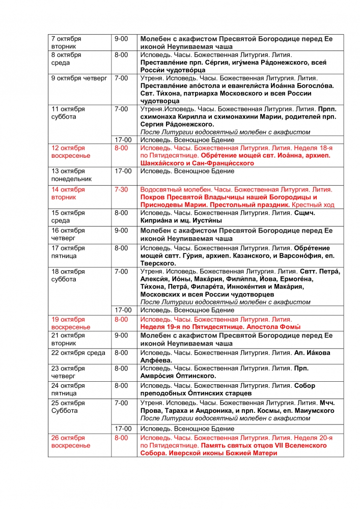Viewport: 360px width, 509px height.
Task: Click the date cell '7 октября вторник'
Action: point(66,42)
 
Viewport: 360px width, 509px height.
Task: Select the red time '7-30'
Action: point(121,189)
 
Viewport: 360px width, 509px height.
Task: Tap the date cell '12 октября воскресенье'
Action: point(71,151)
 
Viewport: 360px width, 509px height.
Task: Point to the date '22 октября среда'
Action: point(78,353)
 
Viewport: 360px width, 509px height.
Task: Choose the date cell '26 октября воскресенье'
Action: point(71,441)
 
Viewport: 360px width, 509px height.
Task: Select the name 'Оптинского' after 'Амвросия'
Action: point(196,376)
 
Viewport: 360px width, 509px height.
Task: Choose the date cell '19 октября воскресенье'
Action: point(71,323)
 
